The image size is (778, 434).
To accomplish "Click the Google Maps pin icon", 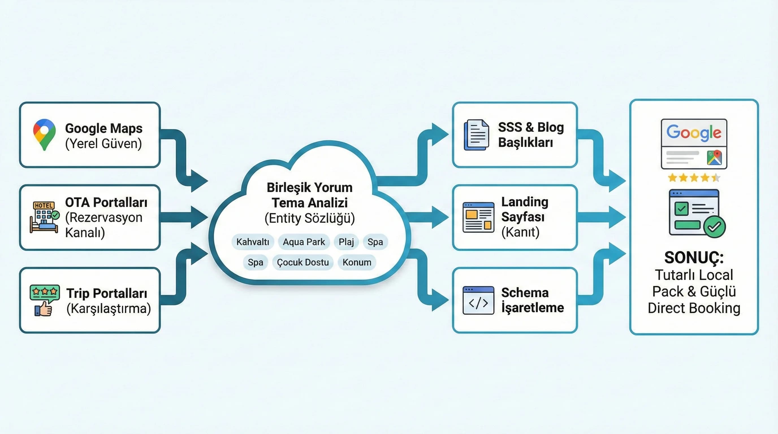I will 44,134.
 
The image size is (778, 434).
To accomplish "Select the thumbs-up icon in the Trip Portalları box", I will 44,309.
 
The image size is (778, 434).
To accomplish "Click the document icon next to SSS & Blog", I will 477,135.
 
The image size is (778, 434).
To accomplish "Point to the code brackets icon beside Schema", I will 478,301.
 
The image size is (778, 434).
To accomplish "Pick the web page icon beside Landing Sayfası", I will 478,217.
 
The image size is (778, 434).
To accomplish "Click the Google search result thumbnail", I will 694,144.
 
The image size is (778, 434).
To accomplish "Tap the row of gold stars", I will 694,177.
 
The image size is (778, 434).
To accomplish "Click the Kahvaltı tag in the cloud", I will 252,242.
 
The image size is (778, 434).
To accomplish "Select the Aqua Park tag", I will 304,242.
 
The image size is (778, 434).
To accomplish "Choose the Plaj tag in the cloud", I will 346,242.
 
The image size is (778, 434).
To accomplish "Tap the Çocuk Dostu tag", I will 302,262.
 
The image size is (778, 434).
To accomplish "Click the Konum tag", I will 357,262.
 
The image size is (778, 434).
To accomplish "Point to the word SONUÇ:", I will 694,258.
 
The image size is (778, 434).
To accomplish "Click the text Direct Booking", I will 694,308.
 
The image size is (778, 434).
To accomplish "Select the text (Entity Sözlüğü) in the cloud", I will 310,218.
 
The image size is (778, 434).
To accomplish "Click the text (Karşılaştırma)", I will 109,309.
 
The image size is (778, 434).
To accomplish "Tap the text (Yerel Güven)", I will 103,144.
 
